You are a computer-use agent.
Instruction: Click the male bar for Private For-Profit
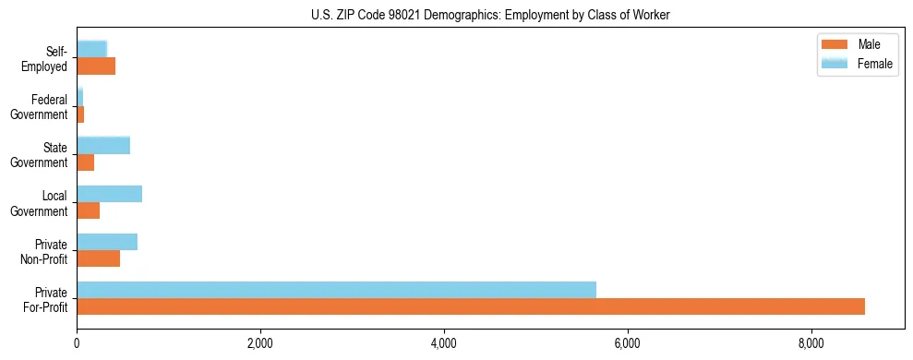[x=471, y=306]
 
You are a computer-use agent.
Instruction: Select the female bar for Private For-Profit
[x=336, y=290]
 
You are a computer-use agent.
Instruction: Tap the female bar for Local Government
[x=109, y=194]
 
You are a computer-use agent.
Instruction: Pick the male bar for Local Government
[x=88, y=210]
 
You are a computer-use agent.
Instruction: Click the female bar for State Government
[x=103, y=146]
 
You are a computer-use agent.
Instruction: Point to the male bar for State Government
[x=85, y=162]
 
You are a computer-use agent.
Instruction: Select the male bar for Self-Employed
[x=96, y=66]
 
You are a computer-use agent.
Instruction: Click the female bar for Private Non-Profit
[x=107, y=242]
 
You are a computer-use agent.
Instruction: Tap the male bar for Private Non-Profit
[x=98, y=258]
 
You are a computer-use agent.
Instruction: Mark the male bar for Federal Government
[x=80, y=114]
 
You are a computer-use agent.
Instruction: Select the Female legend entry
[x=874, y=64]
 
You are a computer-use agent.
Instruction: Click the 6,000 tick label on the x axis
[x=628, y=344]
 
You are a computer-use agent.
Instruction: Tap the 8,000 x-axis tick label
[x=811, y=344]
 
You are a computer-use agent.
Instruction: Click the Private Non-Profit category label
[x=45, y=251]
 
